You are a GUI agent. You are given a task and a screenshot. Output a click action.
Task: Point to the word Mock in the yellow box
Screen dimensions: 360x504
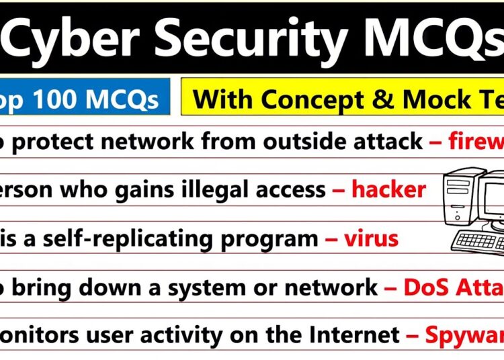421,99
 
